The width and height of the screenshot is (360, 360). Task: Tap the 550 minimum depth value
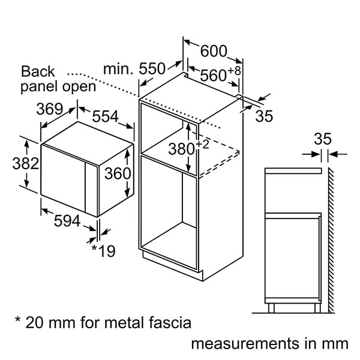152,69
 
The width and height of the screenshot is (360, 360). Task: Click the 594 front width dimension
67,221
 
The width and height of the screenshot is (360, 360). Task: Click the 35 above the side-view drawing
323,139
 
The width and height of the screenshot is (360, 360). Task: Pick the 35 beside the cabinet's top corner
264,116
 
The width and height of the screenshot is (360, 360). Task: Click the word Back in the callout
38,72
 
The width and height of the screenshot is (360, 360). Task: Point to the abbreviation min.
117,69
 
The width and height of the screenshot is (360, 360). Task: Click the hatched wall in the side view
331,240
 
